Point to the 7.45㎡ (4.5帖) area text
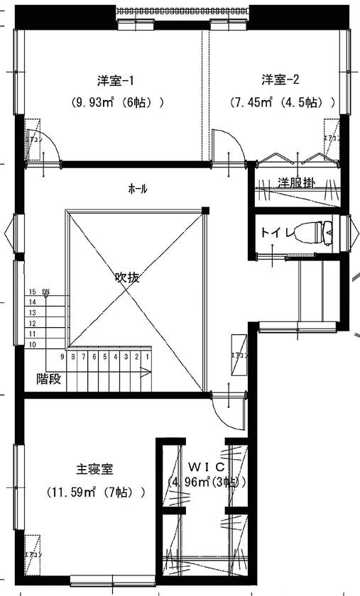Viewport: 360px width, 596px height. coord(283,102)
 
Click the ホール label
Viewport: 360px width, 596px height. coord(138,189)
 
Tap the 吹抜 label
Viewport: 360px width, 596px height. coord(127,277)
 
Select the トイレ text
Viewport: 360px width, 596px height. coord(276,232)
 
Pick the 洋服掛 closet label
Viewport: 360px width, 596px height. coord(296,182)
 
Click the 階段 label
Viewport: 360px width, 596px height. coord(49,379)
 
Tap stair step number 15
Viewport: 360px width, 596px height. coord(33,292)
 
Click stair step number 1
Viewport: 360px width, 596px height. coord(147,357)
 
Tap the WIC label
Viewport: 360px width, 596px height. coord(207,466)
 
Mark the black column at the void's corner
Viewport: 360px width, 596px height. coord(205,210)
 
